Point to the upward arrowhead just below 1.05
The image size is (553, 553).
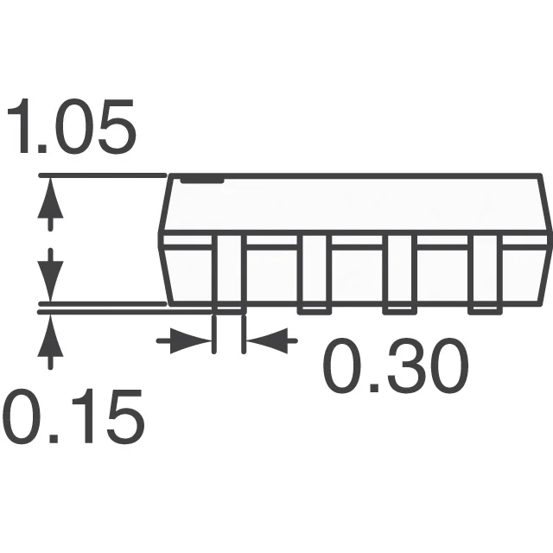click(50, 199)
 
